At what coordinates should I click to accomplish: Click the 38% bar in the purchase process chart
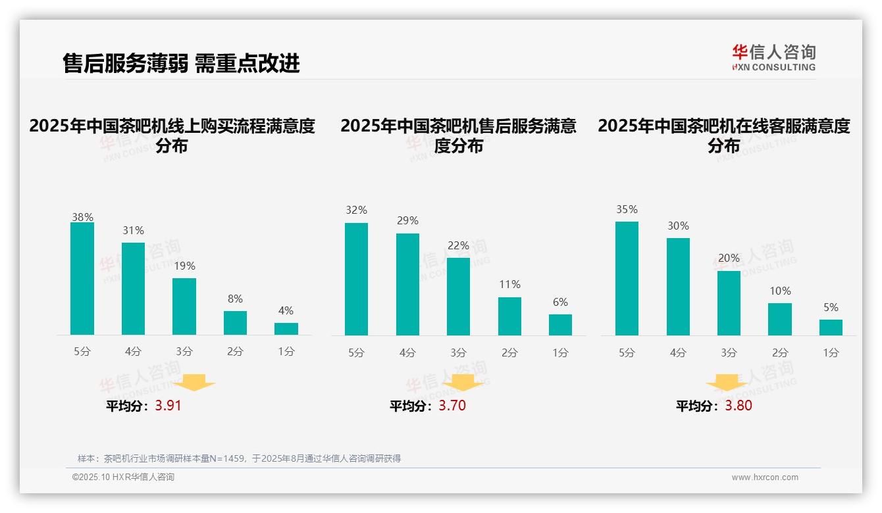coord(82,279)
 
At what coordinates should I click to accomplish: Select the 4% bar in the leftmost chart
coord(286,329)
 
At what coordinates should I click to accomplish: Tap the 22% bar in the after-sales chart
coord(459,297)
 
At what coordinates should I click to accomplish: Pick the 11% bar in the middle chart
coord(509,316)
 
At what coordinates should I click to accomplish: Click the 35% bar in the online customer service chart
coord(627,279)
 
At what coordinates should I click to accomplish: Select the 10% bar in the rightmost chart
coord(780,320)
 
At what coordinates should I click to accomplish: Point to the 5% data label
coord(831,307)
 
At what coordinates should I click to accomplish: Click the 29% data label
coord(407,221)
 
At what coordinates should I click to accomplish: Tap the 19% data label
coord(184,266)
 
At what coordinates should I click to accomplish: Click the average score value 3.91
coord(168,406)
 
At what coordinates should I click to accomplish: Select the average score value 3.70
coord(452,406)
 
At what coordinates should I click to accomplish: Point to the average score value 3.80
coord(739,406)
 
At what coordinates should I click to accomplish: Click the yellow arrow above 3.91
coord(194,382)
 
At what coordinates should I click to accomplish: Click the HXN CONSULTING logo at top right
coord(774,57)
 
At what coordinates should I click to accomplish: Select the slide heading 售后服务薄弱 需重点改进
coord(181,63)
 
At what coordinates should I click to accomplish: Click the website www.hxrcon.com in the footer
coord(765,477)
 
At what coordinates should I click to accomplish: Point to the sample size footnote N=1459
coord(238,458)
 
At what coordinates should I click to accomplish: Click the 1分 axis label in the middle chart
coord(561,353)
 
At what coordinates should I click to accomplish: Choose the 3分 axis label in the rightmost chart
coord(729,353)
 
